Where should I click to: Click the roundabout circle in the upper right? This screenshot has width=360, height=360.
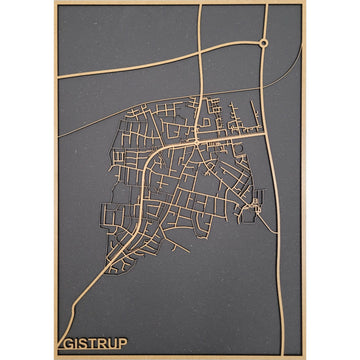(262, 42)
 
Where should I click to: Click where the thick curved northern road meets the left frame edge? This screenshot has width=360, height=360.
(58, 76)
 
